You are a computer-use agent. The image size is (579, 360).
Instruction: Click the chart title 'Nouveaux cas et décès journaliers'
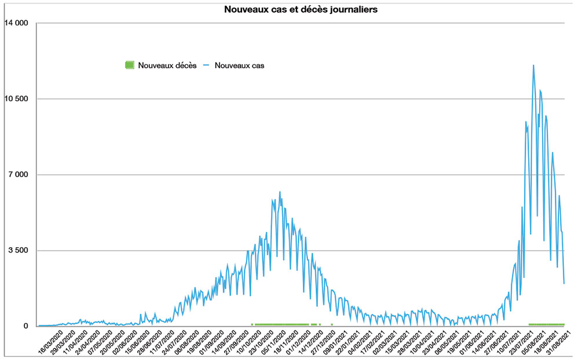click(301, 10)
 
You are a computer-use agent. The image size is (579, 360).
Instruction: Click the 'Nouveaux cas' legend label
click(239, 65)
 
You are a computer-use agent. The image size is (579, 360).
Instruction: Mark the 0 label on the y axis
click(25, 326)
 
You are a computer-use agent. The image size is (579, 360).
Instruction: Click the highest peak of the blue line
click(533, 65)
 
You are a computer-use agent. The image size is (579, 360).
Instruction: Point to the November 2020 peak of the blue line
click(280, 192)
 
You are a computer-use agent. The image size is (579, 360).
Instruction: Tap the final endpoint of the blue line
click(564, 284)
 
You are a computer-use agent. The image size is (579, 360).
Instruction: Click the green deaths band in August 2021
click(547, 325)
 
